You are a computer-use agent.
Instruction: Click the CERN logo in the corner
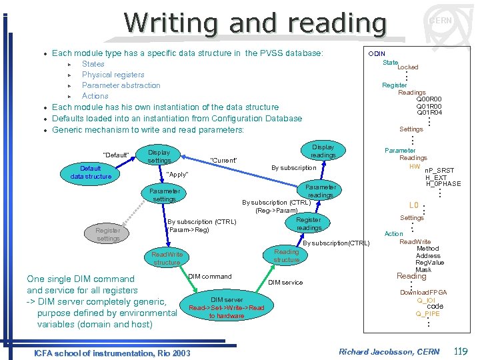pyautogui.click(x=440, y=21)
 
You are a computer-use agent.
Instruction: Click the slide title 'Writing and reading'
pyautogui.click(x=255, y=23)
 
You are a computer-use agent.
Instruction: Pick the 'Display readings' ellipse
pyautogui.click(x=323, y=151)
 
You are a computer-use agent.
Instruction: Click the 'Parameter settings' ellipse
pyautogui.click(x=164, y=195)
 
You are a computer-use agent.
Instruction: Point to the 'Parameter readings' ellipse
pyautogui.click(x=321, y=191)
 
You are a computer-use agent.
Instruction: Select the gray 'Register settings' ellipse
pyautogui.click(x=108, y=234)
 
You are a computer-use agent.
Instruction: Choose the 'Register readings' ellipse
pyautogui.click(x=309, y=223)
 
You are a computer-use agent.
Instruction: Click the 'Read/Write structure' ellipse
pyautogui.click(x=167, y=258)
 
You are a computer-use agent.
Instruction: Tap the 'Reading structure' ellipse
pyautogui.click(x=287, y=255)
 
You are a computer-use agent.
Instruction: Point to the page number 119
pyautogui.click(x=460, y=351)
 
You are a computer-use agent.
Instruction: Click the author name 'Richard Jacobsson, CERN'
pyautogui.click(x=389, y=352)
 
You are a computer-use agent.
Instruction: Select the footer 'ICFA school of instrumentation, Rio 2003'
pyautogui.click(x=112, y=353)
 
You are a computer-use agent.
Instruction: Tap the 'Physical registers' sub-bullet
pyautogui.click(x=113, y=75)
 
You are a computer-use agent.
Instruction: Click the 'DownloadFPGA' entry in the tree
pyautogui.click(x=423, y=293)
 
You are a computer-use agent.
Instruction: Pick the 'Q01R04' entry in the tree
pyautogui.click(x=429, y=113)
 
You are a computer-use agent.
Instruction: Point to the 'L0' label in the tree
pyautogui.click(x=413, y=206)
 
